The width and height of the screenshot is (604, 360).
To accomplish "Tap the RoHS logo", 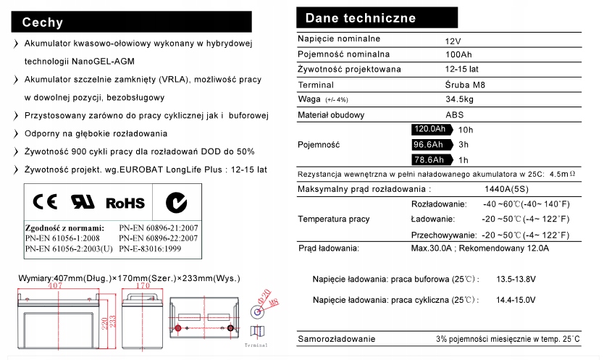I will click(125, 203).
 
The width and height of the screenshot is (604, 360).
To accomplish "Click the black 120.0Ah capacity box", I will click(429, 130).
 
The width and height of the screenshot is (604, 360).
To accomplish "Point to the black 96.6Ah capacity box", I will click(429, 145).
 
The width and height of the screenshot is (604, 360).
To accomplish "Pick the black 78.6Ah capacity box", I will click(429, 160).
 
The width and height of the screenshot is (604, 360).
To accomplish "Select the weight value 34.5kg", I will click(459, 99).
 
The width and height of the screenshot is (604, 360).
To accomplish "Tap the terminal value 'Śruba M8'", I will click(464, 84).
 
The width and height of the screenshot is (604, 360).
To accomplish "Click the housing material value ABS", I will click(455, 114).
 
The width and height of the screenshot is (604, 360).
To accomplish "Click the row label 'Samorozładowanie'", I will click(337, 339).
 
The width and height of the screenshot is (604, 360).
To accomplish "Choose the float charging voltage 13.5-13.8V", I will click(516, 279).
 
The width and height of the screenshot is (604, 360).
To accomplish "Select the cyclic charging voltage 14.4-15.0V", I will click(516, 299).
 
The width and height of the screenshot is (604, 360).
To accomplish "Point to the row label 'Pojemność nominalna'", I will click(344, 54).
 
